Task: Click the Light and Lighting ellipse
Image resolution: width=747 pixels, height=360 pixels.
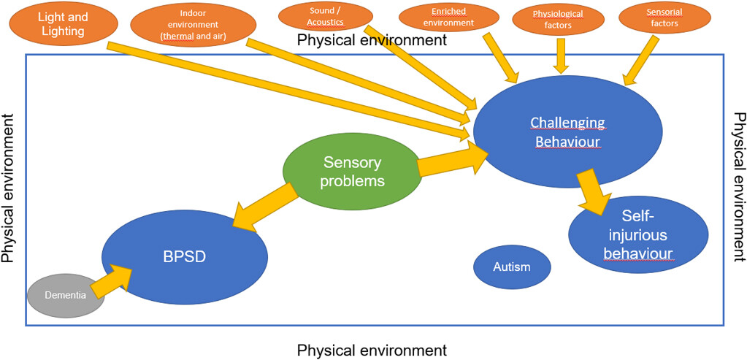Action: coord(63,25)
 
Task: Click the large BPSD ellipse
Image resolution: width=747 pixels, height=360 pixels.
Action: coord(185,257)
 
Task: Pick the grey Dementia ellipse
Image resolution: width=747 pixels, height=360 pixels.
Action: coord(65,295)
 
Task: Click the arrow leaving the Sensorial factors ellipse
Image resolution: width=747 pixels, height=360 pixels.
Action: coord(641,61)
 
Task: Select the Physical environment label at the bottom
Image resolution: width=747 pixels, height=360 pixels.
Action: coord(372,351)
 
